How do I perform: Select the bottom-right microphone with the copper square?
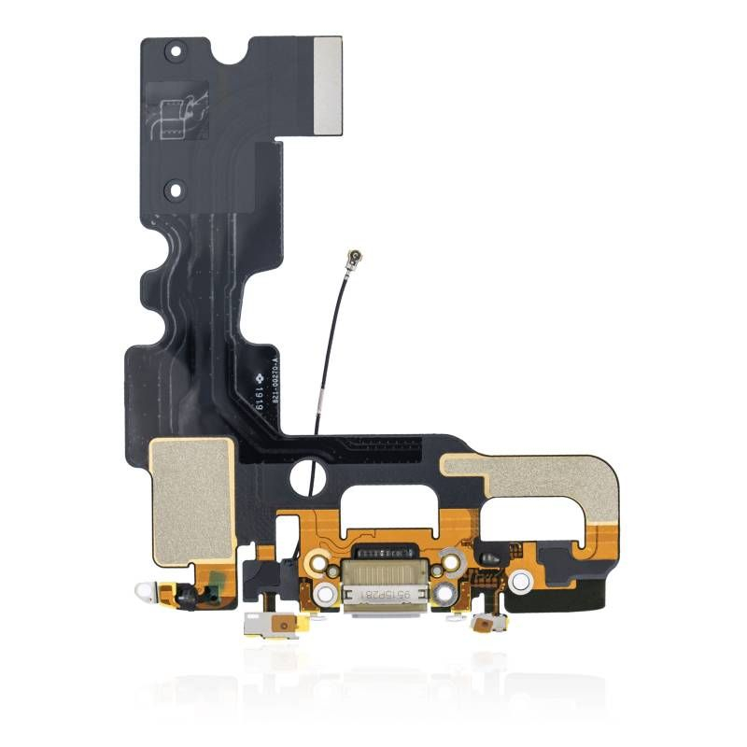pyautogui.click(x=485, y=623)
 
